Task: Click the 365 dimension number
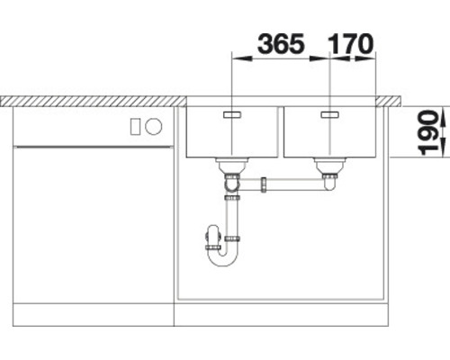(x=279, y=43)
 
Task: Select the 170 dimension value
(x=352, y=43)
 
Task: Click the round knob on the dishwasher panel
(x=151, y=125)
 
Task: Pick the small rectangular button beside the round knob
(x=136, y=125)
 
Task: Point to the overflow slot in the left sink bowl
(x=233, y=115)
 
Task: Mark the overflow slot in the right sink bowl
(x=328, y=114)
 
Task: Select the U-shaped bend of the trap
(x=222, y=259)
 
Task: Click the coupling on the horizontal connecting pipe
(x=265, y=184)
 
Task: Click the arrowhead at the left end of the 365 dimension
(x=237, y=60)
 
